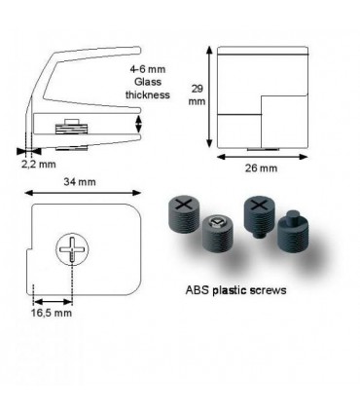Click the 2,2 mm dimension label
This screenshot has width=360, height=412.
[x=39, y=164]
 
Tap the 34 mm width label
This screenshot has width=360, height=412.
[x=80, y=181]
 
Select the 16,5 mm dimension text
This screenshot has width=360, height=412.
[x=52, y=313]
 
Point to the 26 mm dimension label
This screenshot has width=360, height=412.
[x=261, y=168]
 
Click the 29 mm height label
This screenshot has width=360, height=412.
[x=197, y=94]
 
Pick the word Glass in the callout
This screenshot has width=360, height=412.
[x=148, y=82]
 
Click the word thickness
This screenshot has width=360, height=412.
[x=148, y=94]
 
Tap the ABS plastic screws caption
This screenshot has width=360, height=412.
[x=235, y=289]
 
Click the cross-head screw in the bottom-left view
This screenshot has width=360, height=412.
[x=72, y=249]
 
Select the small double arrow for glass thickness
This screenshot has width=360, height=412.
[x=138, y=124]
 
